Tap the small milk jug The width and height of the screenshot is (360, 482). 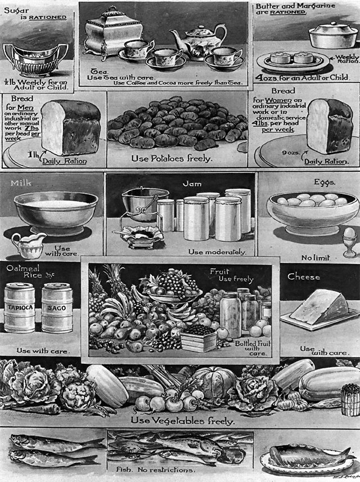coord(28,244)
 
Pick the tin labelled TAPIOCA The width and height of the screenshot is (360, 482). coord(20,307)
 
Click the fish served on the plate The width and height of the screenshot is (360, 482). coord(307,454)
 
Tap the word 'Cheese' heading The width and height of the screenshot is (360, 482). coord(304,277)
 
